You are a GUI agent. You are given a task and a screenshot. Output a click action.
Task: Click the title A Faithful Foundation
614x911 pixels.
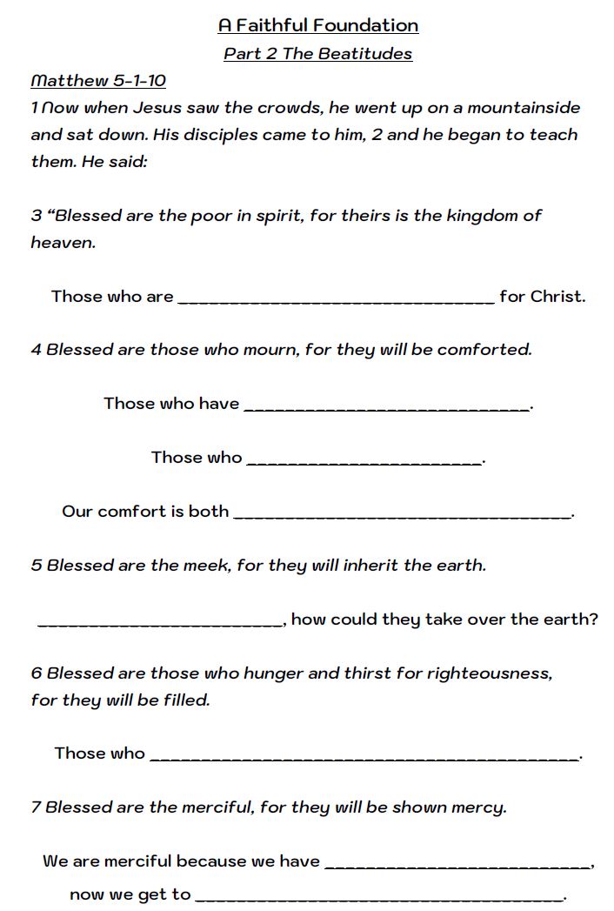pos(318,25)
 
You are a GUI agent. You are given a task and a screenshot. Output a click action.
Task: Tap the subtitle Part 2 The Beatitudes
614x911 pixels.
pos(317,54)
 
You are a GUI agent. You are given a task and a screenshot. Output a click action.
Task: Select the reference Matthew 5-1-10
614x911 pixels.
pos(98,81)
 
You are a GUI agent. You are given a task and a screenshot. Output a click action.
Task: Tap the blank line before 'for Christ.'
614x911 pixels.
pos(336,300)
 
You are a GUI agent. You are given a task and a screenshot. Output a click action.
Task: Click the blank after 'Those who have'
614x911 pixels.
pos(386,407)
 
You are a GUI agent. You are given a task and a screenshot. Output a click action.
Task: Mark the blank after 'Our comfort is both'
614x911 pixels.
pos(403,515)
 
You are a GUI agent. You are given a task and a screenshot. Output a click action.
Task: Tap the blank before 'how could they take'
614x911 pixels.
pos(160,623)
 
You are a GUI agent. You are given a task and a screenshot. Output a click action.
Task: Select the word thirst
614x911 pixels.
pos(369,673)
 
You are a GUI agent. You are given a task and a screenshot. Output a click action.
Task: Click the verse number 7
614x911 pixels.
pos(36,807)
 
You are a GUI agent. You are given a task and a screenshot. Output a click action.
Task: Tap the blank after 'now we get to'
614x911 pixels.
pos(379,898)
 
